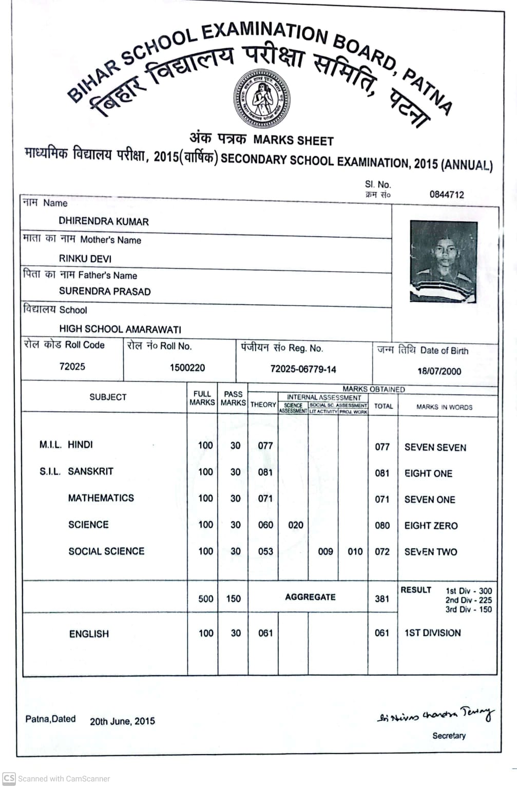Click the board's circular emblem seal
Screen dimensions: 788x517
(261, 99)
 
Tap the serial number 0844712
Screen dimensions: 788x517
(446, 195)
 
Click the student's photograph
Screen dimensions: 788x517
(444, 261)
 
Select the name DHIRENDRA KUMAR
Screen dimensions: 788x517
(104, 222)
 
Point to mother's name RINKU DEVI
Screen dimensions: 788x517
(85, 259)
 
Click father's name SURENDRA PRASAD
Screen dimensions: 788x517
(105, 292)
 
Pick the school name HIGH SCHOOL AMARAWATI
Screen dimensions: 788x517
(120, 329)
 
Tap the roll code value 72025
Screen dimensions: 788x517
(72, 367)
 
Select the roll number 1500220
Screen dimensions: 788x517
(187, 368)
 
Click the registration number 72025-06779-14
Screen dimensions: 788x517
(303, 369)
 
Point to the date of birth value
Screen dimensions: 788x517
(439, 371)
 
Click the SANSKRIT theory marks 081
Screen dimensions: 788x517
(265, 472)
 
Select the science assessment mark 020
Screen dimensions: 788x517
(296, 525)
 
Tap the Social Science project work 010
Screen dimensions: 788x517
(355, 552)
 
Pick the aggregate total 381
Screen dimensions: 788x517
(382, 599)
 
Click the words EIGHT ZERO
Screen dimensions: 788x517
(431, 526)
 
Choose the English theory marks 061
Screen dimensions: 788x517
(265, 633)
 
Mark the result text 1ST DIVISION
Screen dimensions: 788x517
(432, 633)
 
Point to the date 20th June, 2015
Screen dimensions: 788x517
(122, 721)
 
